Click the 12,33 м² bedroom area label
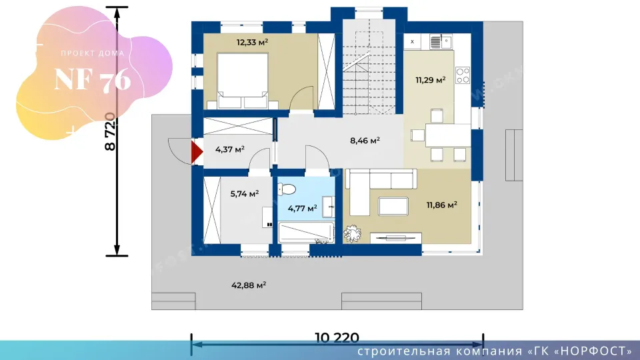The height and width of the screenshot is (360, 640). (252, 42)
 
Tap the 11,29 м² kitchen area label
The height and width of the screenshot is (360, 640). (430, 80)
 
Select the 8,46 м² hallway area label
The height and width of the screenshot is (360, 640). (365, 141)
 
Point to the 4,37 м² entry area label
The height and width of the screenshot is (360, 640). (230, 149)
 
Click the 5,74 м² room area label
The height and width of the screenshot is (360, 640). (245, 194)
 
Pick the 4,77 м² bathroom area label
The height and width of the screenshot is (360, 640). (302, 209)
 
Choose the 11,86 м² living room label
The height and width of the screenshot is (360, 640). (441, 205)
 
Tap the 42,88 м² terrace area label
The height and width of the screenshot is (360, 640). (249, 285)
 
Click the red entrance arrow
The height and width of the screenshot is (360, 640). (197, 151)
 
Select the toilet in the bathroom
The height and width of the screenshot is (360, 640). (287, 189)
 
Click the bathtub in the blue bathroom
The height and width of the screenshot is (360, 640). (306, 232)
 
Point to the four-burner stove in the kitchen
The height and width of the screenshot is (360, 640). (463, 75)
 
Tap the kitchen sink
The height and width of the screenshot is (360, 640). (441, 41)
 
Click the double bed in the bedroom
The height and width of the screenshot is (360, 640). (243, 81)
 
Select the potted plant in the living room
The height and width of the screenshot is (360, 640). (352, 234)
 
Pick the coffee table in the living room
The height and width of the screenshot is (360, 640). (393, 206)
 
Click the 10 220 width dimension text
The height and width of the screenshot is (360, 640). (337, 337)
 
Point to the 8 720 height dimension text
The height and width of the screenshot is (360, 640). (110, 131)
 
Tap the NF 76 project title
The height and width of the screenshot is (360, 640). (93, 79)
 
